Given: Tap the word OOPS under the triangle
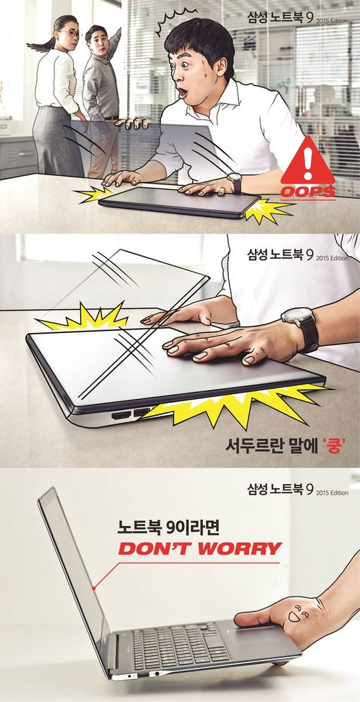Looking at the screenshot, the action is click(x=308, y=192).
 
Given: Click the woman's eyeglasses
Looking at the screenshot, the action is click(x=71, y=33).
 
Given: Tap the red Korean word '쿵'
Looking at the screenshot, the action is click(x=333, y=446).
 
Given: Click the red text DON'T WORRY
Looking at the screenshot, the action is click(x=200, y=548).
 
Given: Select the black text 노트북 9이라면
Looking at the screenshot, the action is click(x=168, y=528).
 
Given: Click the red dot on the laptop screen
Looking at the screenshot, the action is click(x=93, y=588).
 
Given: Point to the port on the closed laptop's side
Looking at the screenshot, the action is click(x=122, y=415).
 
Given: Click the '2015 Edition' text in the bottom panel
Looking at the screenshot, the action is click(x=331, y=493).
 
